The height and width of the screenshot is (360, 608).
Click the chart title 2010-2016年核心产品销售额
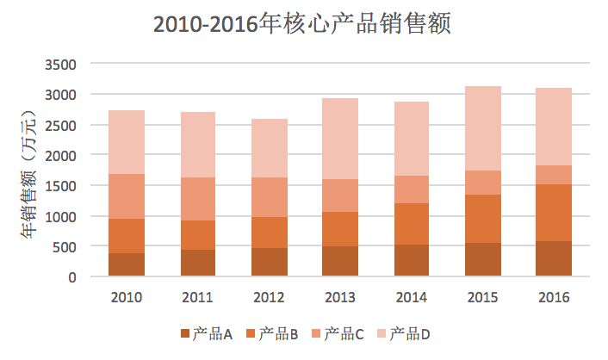[303, 25]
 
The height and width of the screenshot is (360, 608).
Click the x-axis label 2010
[127, 298]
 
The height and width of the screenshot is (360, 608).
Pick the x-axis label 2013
[340, 298]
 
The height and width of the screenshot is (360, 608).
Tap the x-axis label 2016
[554, 298]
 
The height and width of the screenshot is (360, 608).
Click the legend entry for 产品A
[206, 333]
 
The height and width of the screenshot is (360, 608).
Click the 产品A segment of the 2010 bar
[127, 264]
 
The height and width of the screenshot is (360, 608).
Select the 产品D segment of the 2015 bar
[483, 128]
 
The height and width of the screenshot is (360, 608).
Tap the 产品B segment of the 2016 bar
[554, 213]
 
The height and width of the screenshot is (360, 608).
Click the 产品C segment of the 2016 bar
[554, 175]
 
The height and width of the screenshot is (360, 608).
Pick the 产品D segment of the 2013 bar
[340, 139]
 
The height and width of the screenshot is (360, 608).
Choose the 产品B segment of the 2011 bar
[198, 235]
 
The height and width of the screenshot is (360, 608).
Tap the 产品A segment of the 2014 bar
[412, 260]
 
